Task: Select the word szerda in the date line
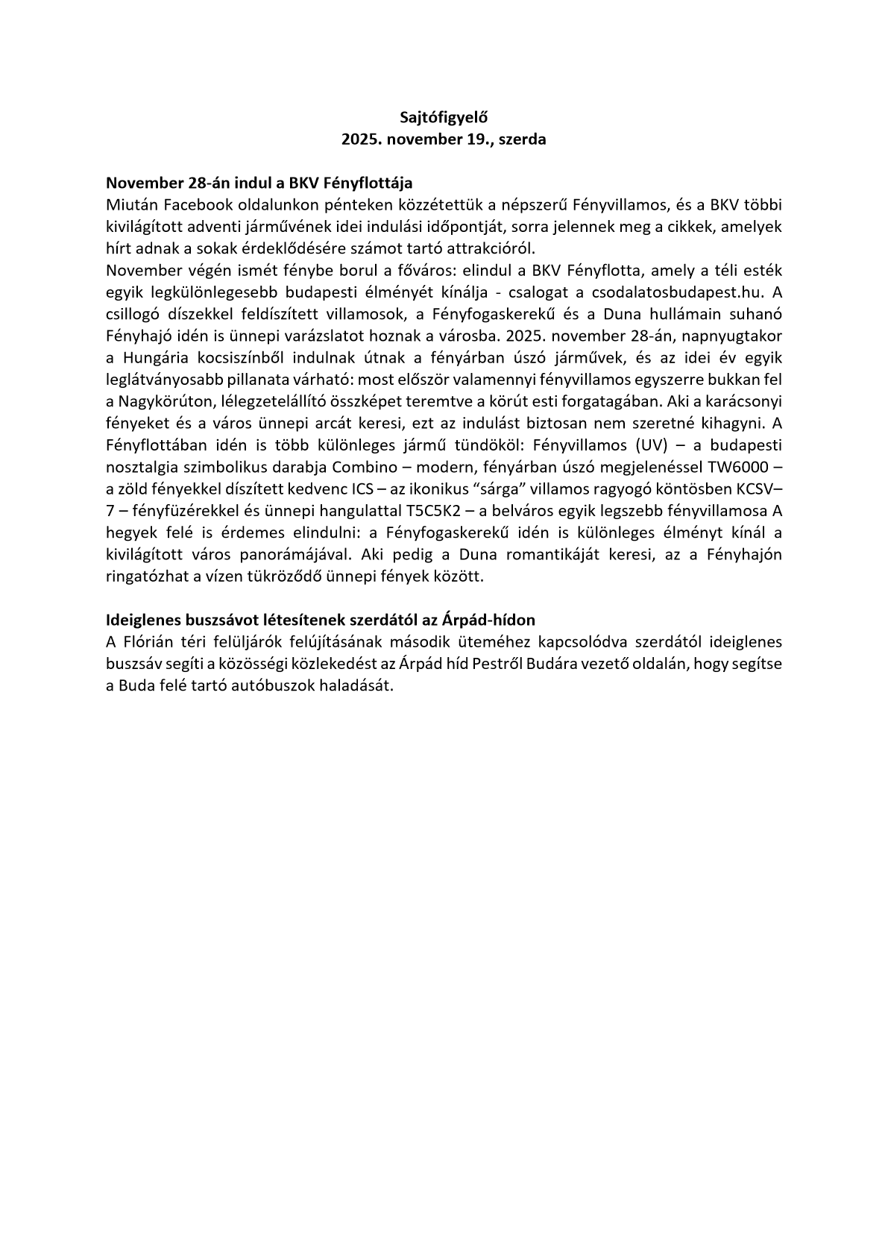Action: click(522, 139)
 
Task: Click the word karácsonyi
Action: click(746, 401)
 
